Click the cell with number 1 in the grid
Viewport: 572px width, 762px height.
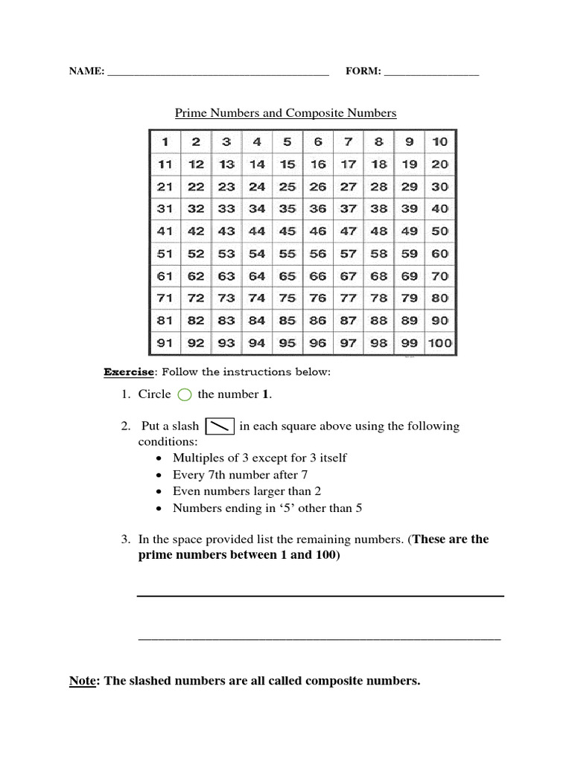click(x=165, y=141)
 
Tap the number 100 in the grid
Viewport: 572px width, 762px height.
click(x=439, y=343)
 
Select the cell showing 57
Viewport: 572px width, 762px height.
click(x=348, y=254)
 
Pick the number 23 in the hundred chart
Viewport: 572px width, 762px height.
click(x=226, y=187)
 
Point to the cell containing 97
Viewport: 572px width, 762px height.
click(x=348, y=343)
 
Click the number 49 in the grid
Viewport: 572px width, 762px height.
click(x=409, y=231)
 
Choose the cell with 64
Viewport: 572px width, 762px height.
click(x=257, y=276)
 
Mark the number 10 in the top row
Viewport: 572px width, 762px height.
click(x=439, y=141)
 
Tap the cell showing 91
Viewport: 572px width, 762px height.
click(x=165, y=343)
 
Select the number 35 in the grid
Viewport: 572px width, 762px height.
click(x=287, y=209)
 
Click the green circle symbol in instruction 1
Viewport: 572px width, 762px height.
click(x=185, y=395)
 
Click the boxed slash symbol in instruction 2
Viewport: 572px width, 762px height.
click(x=219, y=426)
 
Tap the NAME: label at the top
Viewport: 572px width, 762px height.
click(x=86, y=71)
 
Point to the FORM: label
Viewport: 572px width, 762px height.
click(x=363, y=71)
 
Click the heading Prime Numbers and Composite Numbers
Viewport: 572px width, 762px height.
click(x=285, y=113)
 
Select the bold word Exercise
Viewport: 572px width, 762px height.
click(x=129, y=371)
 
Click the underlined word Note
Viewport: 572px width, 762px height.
click(x=83, y=680)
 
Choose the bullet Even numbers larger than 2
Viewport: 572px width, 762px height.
click(x=247, y=491)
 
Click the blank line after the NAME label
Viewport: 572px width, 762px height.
click(x=218, y=73)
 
